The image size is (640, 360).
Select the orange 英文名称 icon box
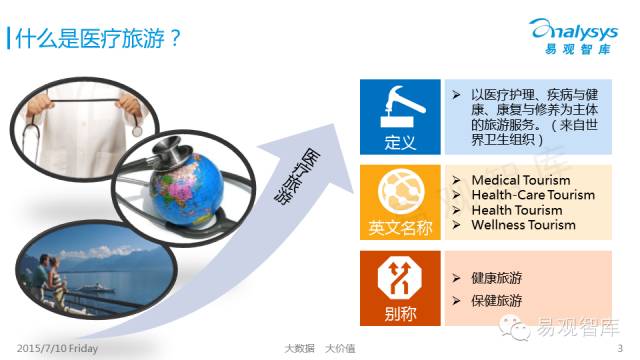point(399,199)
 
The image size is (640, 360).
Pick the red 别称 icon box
point(399,286)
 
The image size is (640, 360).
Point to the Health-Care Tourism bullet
point(532,195)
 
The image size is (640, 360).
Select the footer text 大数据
point(297,348)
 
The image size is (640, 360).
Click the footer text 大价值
point(340,348)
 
